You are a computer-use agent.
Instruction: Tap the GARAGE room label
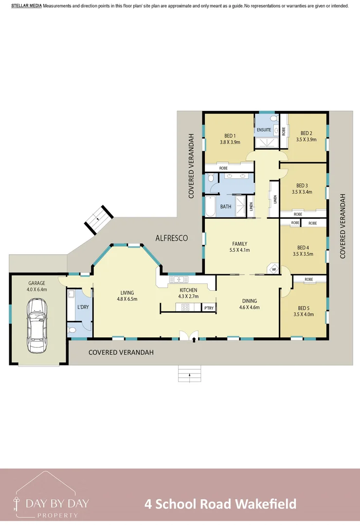[36, 283]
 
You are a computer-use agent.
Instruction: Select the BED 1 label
[230, 136]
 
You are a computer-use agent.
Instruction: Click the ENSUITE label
[264, 130]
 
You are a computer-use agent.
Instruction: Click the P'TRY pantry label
[209, 308]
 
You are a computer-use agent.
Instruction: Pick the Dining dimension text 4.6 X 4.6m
[250, 307]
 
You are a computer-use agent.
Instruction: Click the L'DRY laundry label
[83, 307]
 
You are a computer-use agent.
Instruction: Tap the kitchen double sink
[179, 280]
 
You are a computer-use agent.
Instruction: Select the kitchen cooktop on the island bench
[185, 307]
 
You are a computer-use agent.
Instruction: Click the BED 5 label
[303, 308]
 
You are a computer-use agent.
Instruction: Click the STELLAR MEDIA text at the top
[26, 6]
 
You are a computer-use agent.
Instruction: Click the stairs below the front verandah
[190, 374]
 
